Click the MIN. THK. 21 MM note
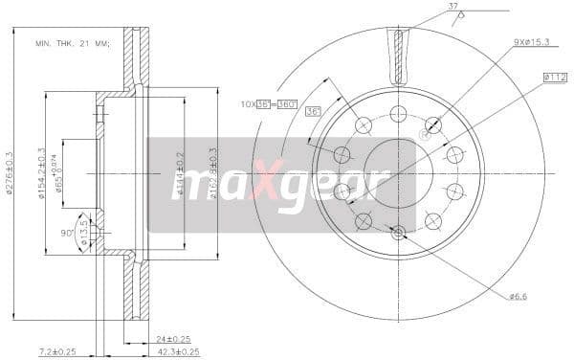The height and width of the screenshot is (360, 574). [72, 44]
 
